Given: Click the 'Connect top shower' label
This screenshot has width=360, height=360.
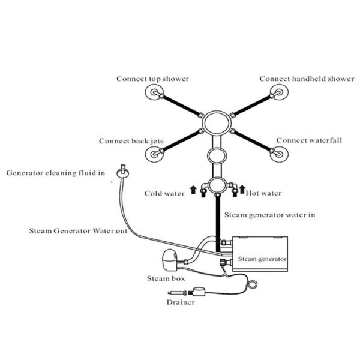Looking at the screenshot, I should [x=152, y=79].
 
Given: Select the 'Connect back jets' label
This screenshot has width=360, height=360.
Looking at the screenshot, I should [x=131, y=142].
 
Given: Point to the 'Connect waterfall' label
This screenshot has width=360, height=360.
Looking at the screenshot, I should [x=309, y=140].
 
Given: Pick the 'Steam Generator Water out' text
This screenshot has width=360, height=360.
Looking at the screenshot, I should [x=79, y=230].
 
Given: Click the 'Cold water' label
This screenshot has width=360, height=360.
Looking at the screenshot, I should [x=164, y=193].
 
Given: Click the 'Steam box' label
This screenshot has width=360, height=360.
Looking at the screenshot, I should [x=166, y=278].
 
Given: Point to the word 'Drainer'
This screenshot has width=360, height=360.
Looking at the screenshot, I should [x=181, y=302].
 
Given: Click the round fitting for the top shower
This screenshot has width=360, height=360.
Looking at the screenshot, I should [x=155, y=94].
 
